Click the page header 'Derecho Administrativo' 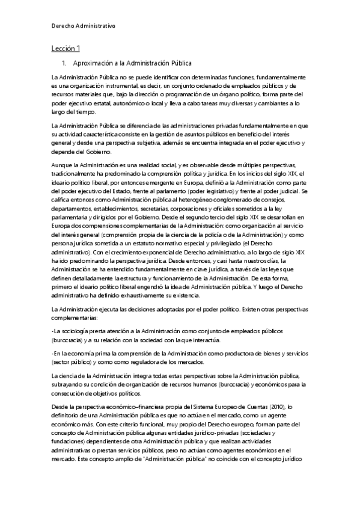83,26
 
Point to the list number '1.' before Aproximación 66,63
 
